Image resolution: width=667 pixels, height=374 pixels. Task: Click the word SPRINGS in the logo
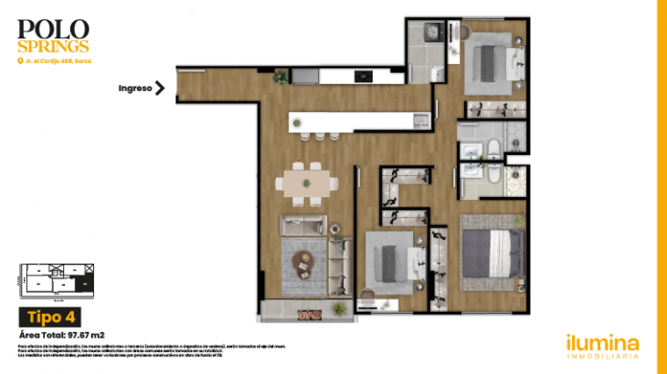coord(53,46)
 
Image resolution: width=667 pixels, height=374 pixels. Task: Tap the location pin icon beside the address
coord(20,61)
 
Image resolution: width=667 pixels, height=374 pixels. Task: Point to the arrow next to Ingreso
coord(160,88)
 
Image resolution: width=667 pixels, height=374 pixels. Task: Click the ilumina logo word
coord(601,343)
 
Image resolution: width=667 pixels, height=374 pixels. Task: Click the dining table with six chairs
coord(304,182)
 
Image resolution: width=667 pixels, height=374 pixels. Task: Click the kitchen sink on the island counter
coord(419,119)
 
